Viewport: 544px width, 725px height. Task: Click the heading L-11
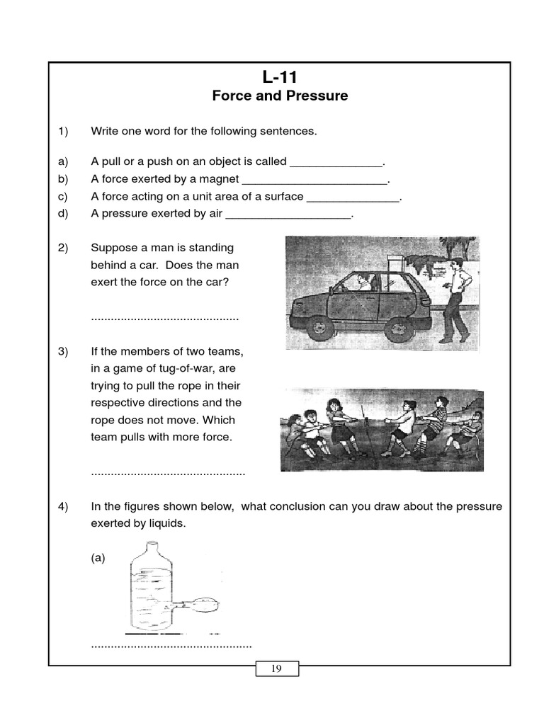coord(279,76)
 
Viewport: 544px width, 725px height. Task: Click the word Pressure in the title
coord(317,96)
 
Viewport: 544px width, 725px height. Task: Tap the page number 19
coord(276,668)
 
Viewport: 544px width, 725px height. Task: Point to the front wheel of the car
coord(321,326)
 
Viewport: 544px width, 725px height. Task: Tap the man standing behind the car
coord(455,297)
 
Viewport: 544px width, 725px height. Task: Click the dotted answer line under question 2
coord(165,319)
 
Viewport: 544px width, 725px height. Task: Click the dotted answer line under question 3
coord(168,472)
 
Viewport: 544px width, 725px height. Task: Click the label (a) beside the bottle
coord(98,558)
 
